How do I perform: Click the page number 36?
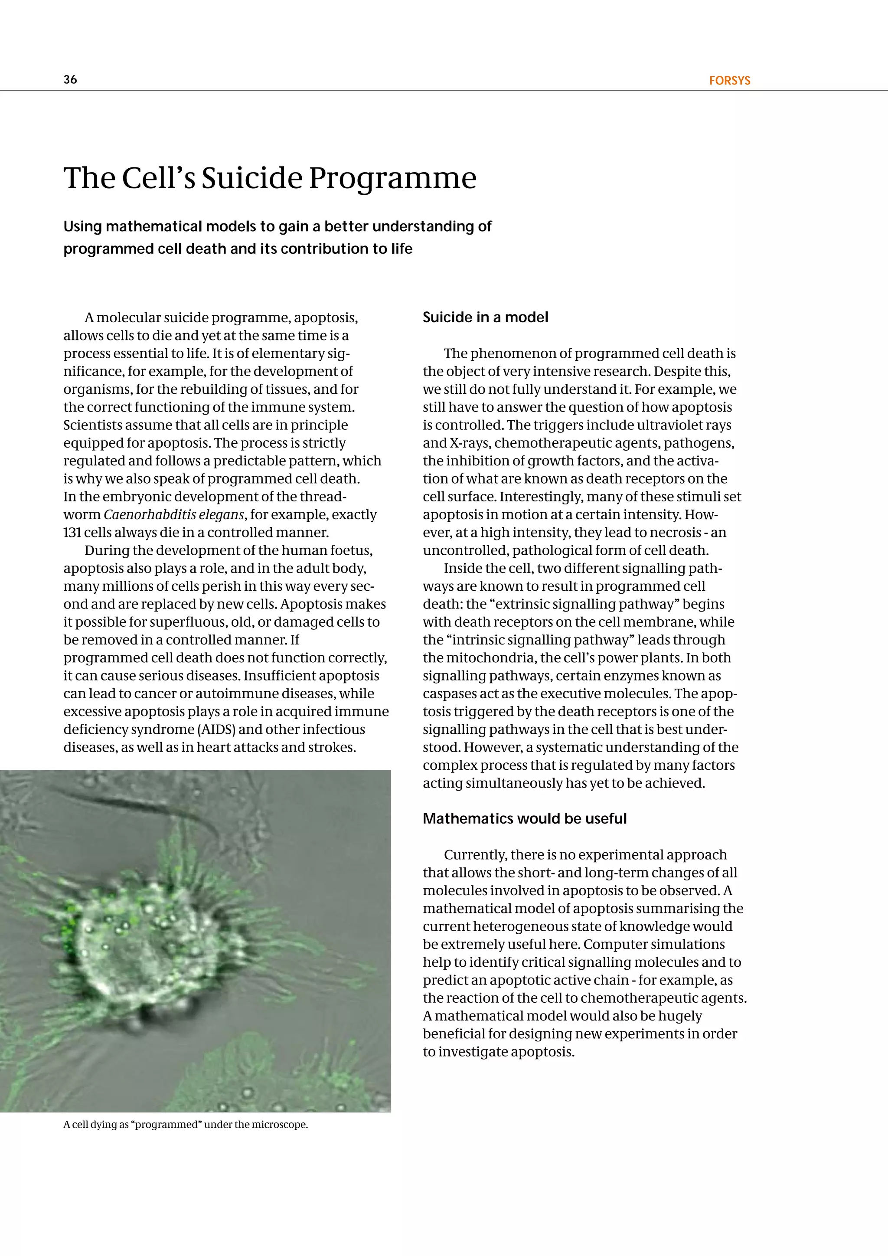(x=70, y=80)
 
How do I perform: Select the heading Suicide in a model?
(x=485, y=317)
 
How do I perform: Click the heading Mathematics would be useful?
(x=524, y=818)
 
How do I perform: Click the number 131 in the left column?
(x=72, y=533)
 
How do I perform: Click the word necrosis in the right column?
(x=675, y=533)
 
